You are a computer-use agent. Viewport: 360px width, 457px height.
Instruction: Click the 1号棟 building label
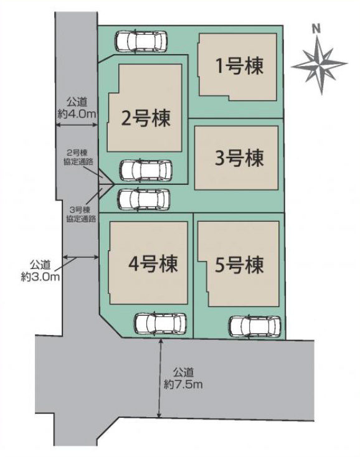(239, 66)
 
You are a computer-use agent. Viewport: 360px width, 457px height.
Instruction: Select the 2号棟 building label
(146, 118)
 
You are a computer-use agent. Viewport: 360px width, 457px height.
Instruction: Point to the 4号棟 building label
(153, 263)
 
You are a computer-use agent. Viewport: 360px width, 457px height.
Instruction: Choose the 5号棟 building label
(239, 265)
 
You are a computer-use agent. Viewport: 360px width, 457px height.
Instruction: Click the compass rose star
(320, 65)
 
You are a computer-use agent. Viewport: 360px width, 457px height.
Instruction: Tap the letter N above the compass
(316, 29)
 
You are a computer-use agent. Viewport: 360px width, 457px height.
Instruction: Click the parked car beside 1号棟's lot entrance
(141, 41)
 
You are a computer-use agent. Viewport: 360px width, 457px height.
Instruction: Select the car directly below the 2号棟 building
(146, 170)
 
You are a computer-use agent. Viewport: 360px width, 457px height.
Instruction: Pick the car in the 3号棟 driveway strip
(144, 199)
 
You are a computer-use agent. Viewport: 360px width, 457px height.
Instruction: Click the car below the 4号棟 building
(160, 324)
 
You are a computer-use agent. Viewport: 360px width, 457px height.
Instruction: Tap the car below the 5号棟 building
(255, 326)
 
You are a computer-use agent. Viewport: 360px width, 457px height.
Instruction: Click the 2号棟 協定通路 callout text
(78, 158)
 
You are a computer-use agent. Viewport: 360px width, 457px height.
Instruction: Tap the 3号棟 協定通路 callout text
(81, 214)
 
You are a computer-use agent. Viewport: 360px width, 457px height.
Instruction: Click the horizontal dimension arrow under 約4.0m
(77, 125)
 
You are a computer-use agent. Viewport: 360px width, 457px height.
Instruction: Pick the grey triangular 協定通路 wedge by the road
(105, 184)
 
